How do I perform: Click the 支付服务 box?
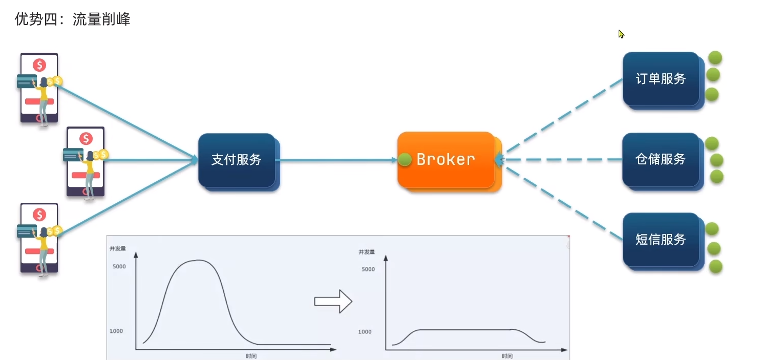click(x=237, y=160)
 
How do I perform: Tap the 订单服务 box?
click(x=661, y=79)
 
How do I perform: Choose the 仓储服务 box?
click(x=661, y=159)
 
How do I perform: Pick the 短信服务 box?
click(x=661, y=239)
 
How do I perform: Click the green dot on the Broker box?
click(x=405, y=160)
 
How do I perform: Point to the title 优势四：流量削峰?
click(x=72, y=19)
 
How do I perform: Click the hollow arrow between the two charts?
click(x=333, y=301)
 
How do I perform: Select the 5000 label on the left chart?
click(x=118, y=267)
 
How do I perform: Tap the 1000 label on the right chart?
click(x=365, y=332)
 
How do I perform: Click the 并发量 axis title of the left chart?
click(x=117, y=249)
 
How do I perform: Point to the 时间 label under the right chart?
click(x=507, y=356)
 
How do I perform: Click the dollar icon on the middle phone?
click(x=86, y=139)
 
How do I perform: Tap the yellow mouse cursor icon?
click(x=621, y=34)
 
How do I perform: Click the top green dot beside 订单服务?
click(x=714, y=57)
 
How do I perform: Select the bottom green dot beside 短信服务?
click(x=715, y=266)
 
